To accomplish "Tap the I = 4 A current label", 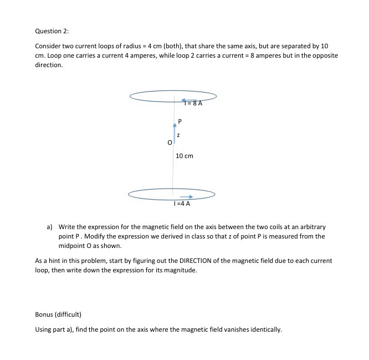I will point(182,204).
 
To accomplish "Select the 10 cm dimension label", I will point(184,156).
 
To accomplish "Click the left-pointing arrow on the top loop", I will point(177,100).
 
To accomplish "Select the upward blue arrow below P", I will point(174,132).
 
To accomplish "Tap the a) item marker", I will point(49,227).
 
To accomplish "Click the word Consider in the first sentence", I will point(48,47).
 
